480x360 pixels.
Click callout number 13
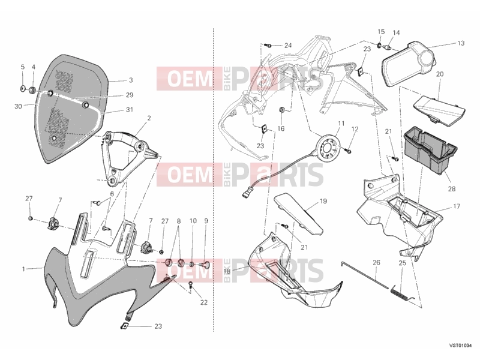461,43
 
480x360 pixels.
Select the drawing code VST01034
460,346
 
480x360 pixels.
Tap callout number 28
452,189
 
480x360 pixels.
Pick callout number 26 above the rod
376,263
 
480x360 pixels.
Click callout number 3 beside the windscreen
131,80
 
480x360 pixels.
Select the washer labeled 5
23,89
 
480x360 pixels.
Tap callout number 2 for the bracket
149,118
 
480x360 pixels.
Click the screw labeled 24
268,46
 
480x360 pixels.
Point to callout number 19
323,201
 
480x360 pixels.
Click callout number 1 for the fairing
23,269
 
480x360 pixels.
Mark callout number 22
204,302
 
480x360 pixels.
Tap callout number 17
457,206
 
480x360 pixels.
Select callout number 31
130,109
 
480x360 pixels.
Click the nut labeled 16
281,110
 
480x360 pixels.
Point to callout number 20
440,74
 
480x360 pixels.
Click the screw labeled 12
348,151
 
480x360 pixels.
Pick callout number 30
18,106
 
